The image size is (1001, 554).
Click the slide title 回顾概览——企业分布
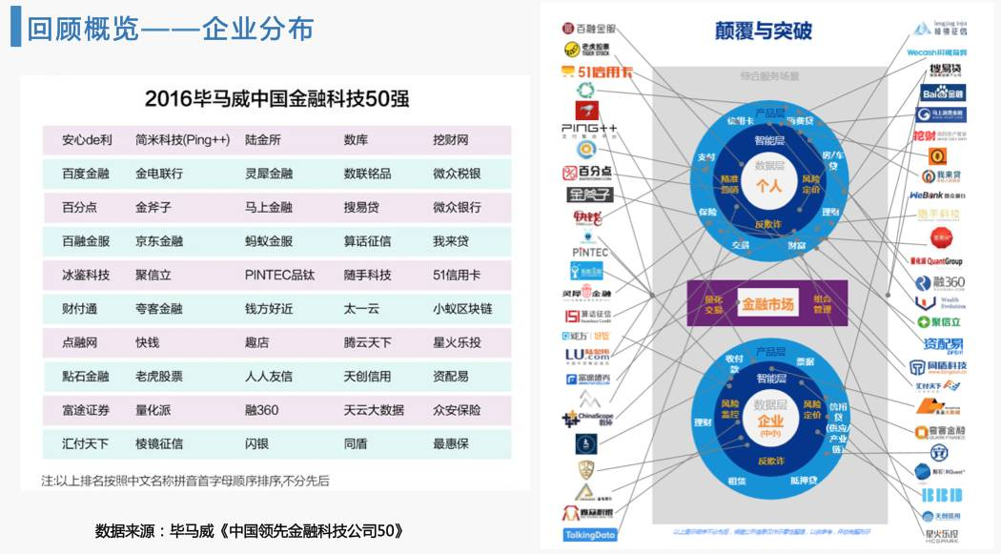(x=171, y=29)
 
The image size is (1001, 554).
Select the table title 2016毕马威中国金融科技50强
(x=277, y=98)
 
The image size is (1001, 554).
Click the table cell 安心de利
(x=87, y=140)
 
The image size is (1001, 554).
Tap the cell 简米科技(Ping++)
(x=182, y=140)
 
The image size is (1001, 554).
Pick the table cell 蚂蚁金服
(x=269, y=241)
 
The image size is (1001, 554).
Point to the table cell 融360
(x=261, y=410)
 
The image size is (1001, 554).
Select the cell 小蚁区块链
(x=462, y=309)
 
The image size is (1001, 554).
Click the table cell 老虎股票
(x=159, y=377)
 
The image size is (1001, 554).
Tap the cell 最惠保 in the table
(x=450, y=443)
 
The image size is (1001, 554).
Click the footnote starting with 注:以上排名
(x=185, y=481)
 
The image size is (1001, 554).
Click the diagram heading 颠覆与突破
(x=764, y=31)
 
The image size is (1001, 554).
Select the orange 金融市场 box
(x=768, y=304)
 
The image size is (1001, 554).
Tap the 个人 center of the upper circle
(x=768, y=186)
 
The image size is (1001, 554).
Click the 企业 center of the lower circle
(x=768, y=422)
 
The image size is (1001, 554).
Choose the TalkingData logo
(x=590, y=535)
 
